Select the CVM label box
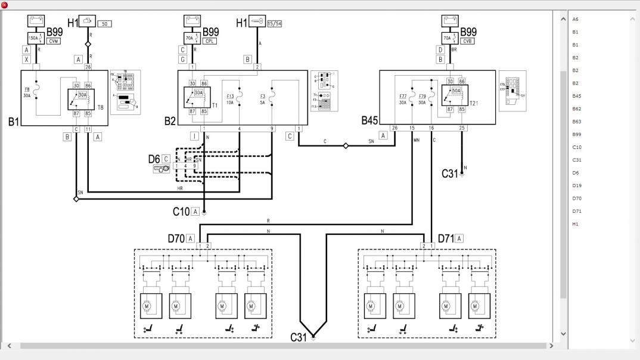[x=54, y=41]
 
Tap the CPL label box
[x=209, y=41]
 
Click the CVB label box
[x=468, y=41]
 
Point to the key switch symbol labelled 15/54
[x=257, y=22]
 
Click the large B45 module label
[x=369, y=120]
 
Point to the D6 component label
[x=154, y=159]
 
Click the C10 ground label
[x=181, y=211]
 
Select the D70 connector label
[x=176, y=238]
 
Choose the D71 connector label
[x=446, y=238]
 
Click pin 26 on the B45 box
[x=394, y=128]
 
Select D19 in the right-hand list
[x=576, y=185]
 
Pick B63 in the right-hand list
[x=576, y=122]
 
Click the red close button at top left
[x=5, y=5]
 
